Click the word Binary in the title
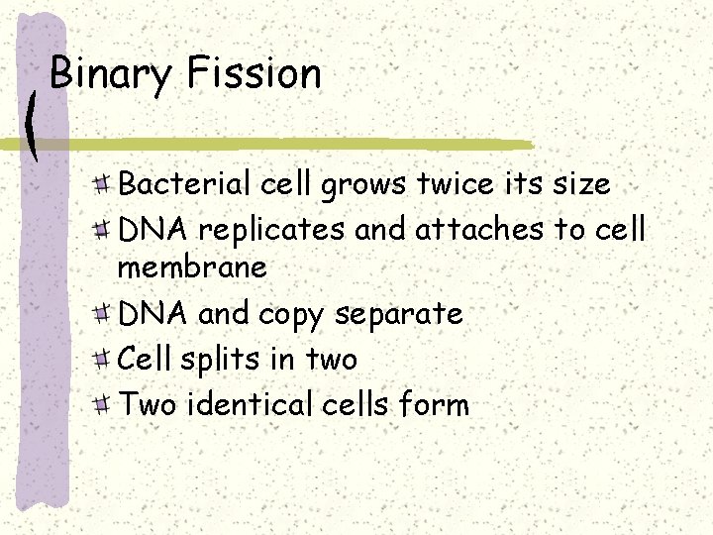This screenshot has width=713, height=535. [110, 74]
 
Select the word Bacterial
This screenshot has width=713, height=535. [185, 183]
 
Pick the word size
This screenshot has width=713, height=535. [578, 183]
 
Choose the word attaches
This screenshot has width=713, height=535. [479, 229]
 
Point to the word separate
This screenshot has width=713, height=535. [399, 315]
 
